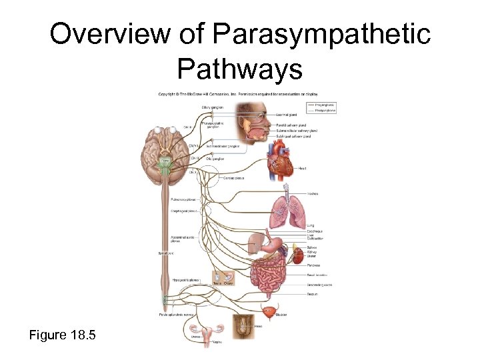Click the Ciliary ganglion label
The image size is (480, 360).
[211, 107]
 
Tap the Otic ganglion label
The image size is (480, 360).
[215, 159]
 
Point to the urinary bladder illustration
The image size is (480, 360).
[269, 313]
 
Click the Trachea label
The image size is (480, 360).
[312, 193]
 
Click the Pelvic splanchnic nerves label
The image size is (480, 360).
[174, 314]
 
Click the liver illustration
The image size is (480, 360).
[257, 241]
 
